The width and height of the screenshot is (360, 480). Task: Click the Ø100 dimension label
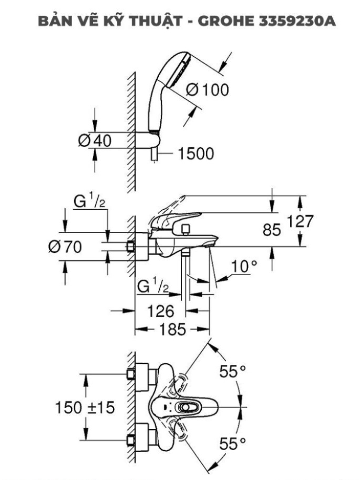pos(208,90)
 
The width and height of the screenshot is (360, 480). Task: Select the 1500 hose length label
pos(196,154)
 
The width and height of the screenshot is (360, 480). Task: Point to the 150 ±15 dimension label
pos(85,407)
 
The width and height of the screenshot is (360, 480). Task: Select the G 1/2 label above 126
pos(153,288)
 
